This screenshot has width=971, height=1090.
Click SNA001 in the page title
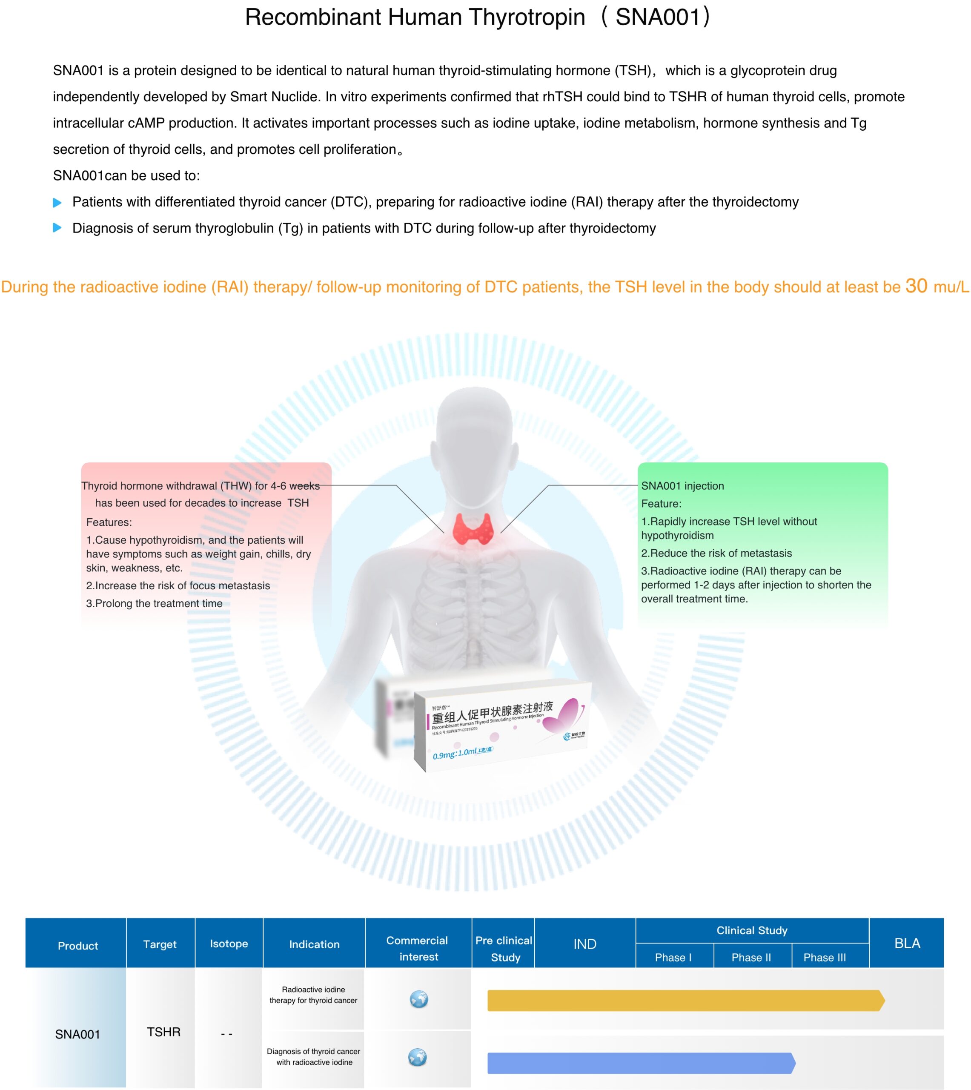coord(657,17)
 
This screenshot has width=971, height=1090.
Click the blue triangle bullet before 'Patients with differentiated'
coord(57,202)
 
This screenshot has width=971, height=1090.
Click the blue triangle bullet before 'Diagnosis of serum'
coord(57,228)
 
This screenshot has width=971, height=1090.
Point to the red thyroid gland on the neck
coord(472,528)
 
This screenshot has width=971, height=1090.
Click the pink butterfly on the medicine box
coord(563,715)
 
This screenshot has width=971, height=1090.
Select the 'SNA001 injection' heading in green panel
coord(682,485)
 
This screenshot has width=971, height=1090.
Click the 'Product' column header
coord(78,945)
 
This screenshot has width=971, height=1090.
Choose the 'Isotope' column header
coord(229,943)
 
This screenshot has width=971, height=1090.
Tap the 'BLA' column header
coord(907,943)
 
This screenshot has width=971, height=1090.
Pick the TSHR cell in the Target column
coord(163,1032)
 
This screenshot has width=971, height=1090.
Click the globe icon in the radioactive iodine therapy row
coord(419,999)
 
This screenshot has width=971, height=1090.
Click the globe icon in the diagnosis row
coord(417,1057)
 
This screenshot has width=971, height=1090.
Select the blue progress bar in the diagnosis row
coord(640,1063)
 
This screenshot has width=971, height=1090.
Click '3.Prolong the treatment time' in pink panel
coord(154,603)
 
